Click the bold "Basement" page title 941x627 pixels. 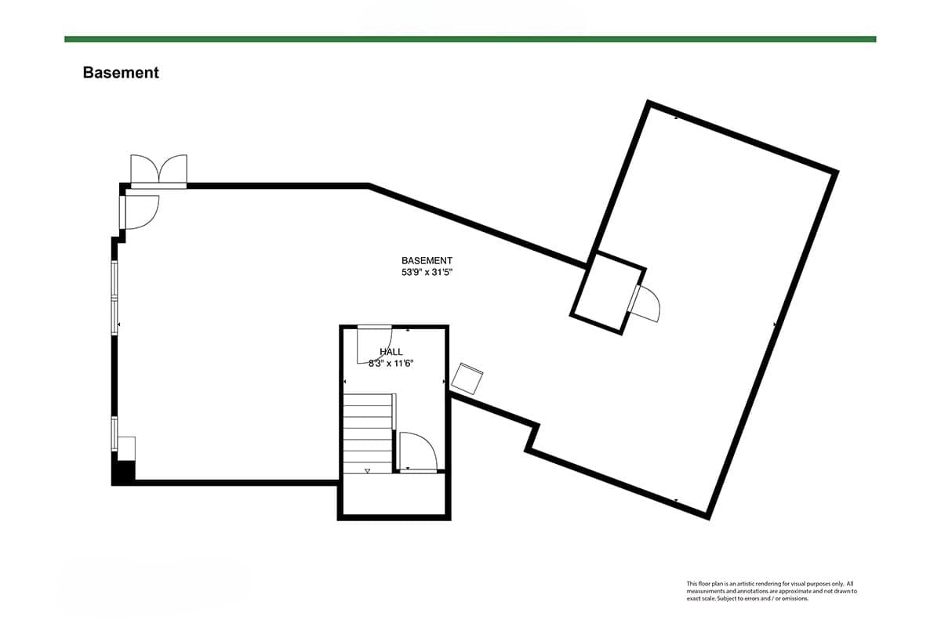click(121, 73)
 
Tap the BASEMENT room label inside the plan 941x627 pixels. click(427, 261)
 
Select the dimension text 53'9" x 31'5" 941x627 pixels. click(427, 273)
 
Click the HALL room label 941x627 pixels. click(391, 352)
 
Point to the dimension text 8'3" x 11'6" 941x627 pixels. click(391, 364)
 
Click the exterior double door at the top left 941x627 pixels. click(159, 170)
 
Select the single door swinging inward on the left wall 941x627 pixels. click(140, 211)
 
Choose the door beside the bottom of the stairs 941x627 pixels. click(416, 452)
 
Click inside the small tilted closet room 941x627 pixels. click(608, 292)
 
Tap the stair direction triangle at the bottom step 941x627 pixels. click(367, 470)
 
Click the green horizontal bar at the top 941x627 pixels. click(470, 38)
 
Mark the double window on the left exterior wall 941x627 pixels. click(115, 298)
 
